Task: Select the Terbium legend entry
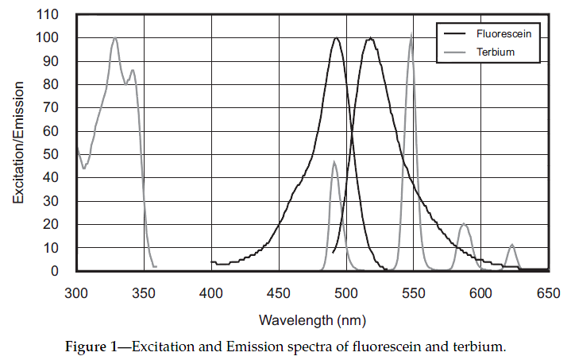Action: [496, 52]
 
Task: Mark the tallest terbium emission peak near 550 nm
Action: [411, 34]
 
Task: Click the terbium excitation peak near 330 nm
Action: [115, 38]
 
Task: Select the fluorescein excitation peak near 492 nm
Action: [337, 38]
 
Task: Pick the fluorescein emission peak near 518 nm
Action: [370, 38]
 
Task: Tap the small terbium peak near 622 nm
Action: [512, 245]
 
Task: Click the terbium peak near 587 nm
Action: [465, 224]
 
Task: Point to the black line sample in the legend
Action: [454, 34]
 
